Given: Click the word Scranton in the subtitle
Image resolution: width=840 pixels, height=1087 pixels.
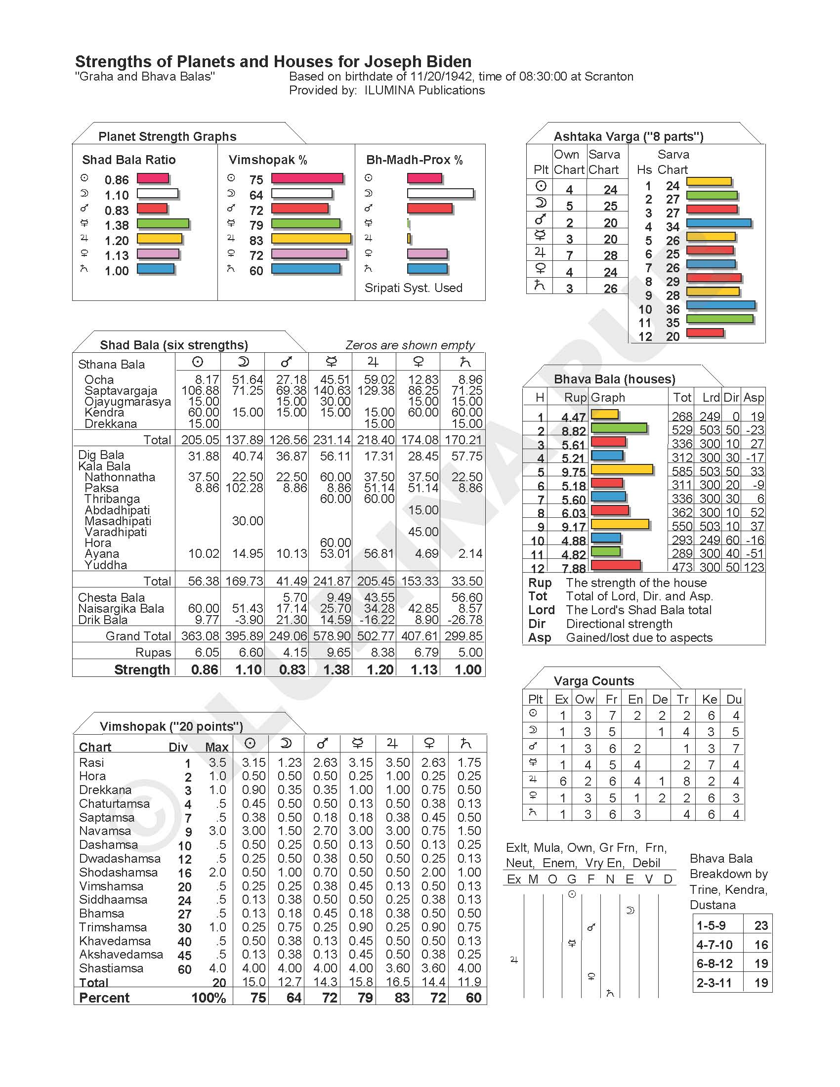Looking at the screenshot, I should tap(609, 77).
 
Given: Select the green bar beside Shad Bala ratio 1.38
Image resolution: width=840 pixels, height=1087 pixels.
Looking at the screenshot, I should tap(163, 223).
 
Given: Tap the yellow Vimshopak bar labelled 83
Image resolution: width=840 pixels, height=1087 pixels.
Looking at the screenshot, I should tap(311, 239).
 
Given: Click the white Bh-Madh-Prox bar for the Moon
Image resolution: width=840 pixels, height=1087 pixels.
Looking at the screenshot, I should tap(440, 193).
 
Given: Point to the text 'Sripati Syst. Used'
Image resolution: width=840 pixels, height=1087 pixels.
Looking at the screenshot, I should tap(414, 288).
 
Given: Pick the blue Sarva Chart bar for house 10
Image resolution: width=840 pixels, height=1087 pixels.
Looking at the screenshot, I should tap(720, 305).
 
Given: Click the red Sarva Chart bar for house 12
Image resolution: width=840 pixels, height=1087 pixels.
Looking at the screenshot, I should tap(705, 333).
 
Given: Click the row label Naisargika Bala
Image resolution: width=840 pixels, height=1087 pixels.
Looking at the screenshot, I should tap(121, 609).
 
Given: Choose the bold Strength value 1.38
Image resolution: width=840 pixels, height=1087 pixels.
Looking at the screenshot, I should tap(336, 669).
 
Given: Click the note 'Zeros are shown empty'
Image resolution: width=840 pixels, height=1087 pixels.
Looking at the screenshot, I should tap(410, 345).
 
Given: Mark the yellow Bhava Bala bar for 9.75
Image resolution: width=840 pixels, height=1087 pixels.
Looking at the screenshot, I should tap(622, 469).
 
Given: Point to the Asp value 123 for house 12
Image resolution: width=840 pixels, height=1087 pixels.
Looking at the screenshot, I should tap(754, 567).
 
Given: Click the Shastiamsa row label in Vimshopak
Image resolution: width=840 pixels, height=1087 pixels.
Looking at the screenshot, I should tap(111, 968).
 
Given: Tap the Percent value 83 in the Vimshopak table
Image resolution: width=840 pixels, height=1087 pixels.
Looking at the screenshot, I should tap(402, 998).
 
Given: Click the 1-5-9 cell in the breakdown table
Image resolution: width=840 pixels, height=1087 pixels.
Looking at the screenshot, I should tap(711, 925).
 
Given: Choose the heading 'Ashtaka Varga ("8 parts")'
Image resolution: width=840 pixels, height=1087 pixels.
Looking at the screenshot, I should tap(629, 136).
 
